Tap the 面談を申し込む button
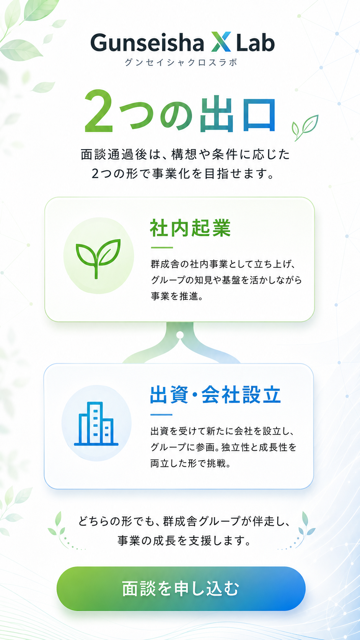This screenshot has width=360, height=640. (x=181, y=589)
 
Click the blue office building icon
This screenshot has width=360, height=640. (x=96, y=423)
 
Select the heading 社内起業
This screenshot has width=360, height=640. (x=191, y=228)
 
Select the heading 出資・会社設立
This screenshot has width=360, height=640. (x=215, y=395)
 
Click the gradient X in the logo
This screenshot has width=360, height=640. (x=221, y=42)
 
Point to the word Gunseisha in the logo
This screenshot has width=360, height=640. (x=147, y=42)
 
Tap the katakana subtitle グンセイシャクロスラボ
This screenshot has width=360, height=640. (x=181, y=62)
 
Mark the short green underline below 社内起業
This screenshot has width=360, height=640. (x=162, y=247)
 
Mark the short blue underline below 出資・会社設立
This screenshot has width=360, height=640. (x=161, y=414)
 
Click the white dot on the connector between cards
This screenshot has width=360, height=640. (x=180, y=335)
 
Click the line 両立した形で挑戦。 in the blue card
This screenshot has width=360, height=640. (x=191, y=463)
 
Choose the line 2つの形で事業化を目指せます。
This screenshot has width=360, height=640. (x=183, y=173)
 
